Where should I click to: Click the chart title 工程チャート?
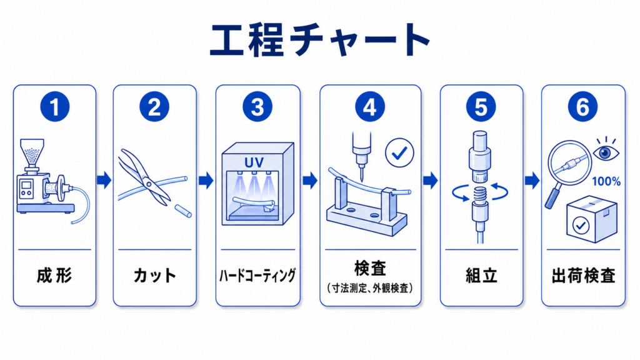[x=319, y=39]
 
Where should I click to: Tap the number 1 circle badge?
[x=55, y=107]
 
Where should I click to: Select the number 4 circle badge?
[x=370, y=107]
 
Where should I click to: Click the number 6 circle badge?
[x=582, y=107]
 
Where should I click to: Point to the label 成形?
[x=54, y=276]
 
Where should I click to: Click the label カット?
[x=155, y=276]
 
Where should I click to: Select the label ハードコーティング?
[x=257, y=276]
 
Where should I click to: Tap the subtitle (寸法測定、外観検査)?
[x=370, y=288]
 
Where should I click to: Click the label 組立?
[x=482, y=276]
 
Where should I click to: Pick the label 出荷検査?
[x=583, y=276]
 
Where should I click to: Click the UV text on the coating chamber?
[x=254, y=162]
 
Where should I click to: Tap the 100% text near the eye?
[x=606, y=181]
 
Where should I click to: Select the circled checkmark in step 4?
[x=399, y=153]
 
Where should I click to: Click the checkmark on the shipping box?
[x=581, y=225]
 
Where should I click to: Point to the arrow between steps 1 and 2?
[x=104, y=180]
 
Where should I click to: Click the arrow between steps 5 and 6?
[x=532, y=180]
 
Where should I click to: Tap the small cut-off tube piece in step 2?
[x=183, y=211]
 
